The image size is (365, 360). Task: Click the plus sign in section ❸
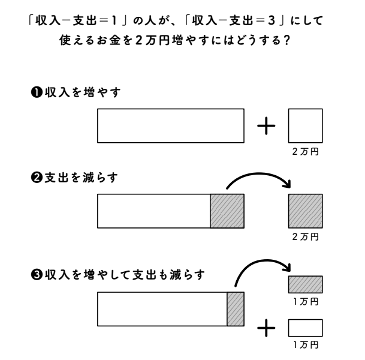pyautogui.click(x=266, y=328)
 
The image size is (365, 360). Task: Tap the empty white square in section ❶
pyautogui.click(x=306, y=126)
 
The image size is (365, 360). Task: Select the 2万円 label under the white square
pyautogui.click(x=306, y=152)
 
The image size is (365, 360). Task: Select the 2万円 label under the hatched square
pyautogui.click(x=306, y=237)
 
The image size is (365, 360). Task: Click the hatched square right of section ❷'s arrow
pyautogui.click(x=306, y=211)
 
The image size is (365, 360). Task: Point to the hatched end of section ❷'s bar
pyautogui.click(x=227, y=211)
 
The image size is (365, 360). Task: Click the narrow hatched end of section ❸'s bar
pyautogui.click(x=236, y=309)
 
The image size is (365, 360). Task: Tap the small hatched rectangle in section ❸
pyautogui.click(x=306, y=283)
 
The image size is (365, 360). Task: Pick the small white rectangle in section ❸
pyautogui.click(x=306, y=328)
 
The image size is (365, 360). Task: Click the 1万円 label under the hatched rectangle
pyautogui.click(x=306, y=300)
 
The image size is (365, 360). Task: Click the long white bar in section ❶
pyautogui.click(x=171, y=126)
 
